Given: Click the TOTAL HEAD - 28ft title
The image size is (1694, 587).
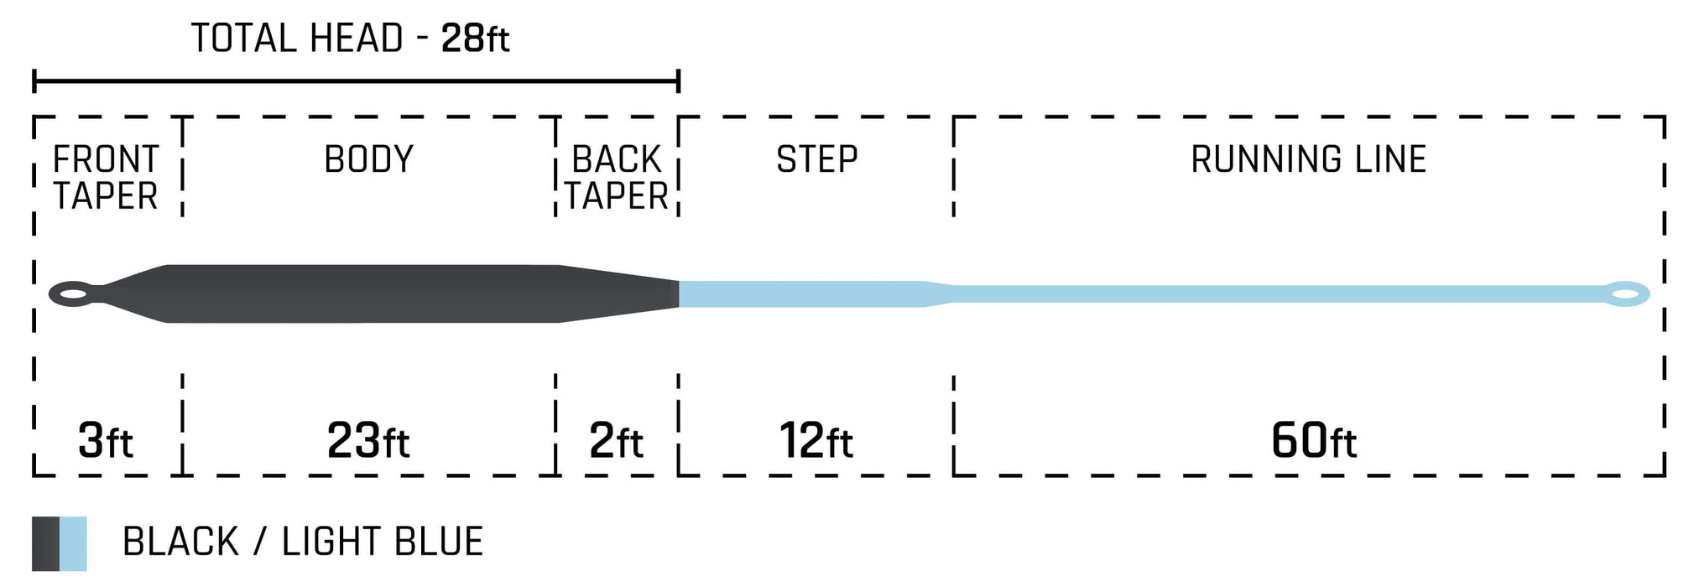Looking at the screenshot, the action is (350, 39).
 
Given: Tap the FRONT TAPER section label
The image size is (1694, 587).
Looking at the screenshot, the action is (106, 178).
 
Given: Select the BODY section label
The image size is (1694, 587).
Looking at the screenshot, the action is (369, 159).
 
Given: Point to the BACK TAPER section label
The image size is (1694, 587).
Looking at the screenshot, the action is (617, 178).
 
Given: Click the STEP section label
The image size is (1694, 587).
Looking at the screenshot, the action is (817, 159).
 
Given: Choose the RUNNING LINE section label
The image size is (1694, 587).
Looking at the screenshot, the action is (1309, 159).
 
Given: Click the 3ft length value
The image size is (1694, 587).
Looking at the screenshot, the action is (106, 440).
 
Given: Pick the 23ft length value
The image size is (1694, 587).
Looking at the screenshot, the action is (368, 440).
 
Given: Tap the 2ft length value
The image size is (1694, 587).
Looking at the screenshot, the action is (617, 440).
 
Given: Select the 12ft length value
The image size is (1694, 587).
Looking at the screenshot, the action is (816, 440).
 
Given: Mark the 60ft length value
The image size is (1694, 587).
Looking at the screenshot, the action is (1314, 440).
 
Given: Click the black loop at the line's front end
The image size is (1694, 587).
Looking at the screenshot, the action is (70, 294).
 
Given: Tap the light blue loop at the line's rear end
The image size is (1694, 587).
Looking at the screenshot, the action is (1627, 294).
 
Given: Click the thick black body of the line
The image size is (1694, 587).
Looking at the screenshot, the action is (363, 293).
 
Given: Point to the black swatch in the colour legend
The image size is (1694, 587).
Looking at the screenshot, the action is (46, 543).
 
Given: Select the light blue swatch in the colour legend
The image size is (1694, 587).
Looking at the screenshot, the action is (74, 543).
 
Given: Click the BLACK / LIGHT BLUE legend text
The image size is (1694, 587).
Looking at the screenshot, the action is (303, 542).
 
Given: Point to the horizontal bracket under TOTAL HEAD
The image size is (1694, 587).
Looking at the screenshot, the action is (356, 81).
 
